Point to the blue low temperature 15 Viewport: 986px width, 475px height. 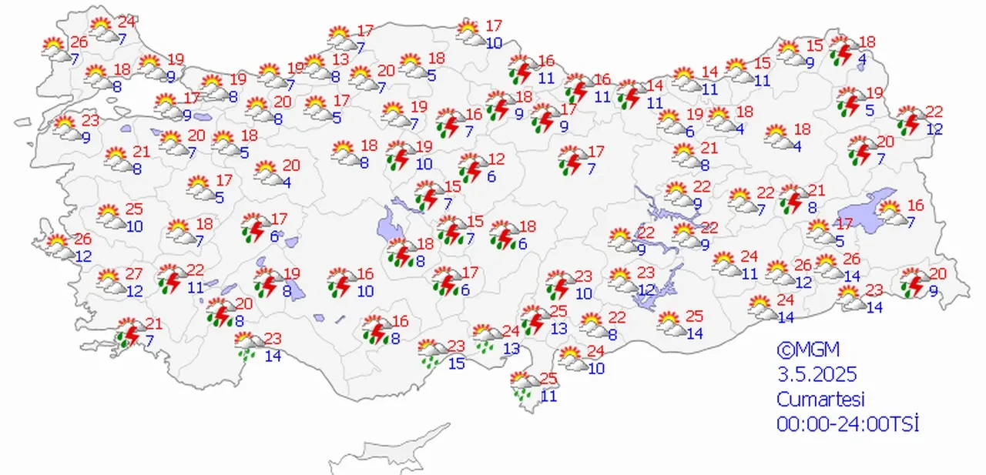(x=456, y=363)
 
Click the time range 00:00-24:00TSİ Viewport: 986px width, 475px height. (x=848, y=424)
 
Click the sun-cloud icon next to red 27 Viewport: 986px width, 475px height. (x=110, y=282)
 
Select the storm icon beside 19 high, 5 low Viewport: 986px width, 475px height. (x=850, y=102)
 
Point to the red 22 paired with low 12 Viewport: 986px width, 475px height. (x=934, y=112)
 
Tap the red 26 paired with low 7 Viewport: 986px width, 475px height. (x=80, y=42)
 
